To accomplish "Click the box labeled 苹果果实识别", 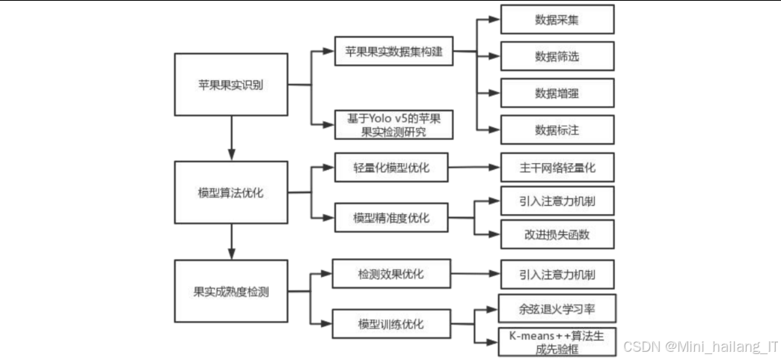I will click(230, 85).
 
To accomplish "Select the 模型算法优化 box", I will click(230, 192).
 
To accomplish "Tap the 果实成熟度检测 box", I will click(230, 291).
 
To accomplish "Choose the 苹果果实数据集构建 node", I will click(393, 52).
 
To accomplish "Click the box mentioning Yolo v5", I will click(393, 124).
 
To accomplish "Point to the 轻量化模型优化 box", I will click(391, 168).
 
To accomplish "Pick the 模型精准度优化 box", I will click(391, 218).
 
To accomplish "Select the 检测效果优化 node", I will click(391, 275).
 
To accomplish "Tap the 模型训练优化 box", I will click(391, 324).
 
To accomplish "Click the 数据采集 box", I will click(557, 19).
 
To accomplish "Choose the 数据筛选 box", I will click(557, 56).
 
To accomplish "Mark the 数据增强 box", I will click(557, 93).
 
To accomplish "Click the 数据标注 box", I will click(557, 129).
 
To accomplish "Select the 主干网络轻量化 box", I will click(557, 168).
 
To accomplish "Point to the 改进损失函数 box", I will click(557, 234).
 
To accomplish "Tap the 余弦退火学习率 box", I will click(557, 308).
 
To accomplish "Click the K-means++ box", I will click(557, 341).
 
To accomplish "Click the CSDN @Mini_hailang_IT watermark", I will click(700, 347).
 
